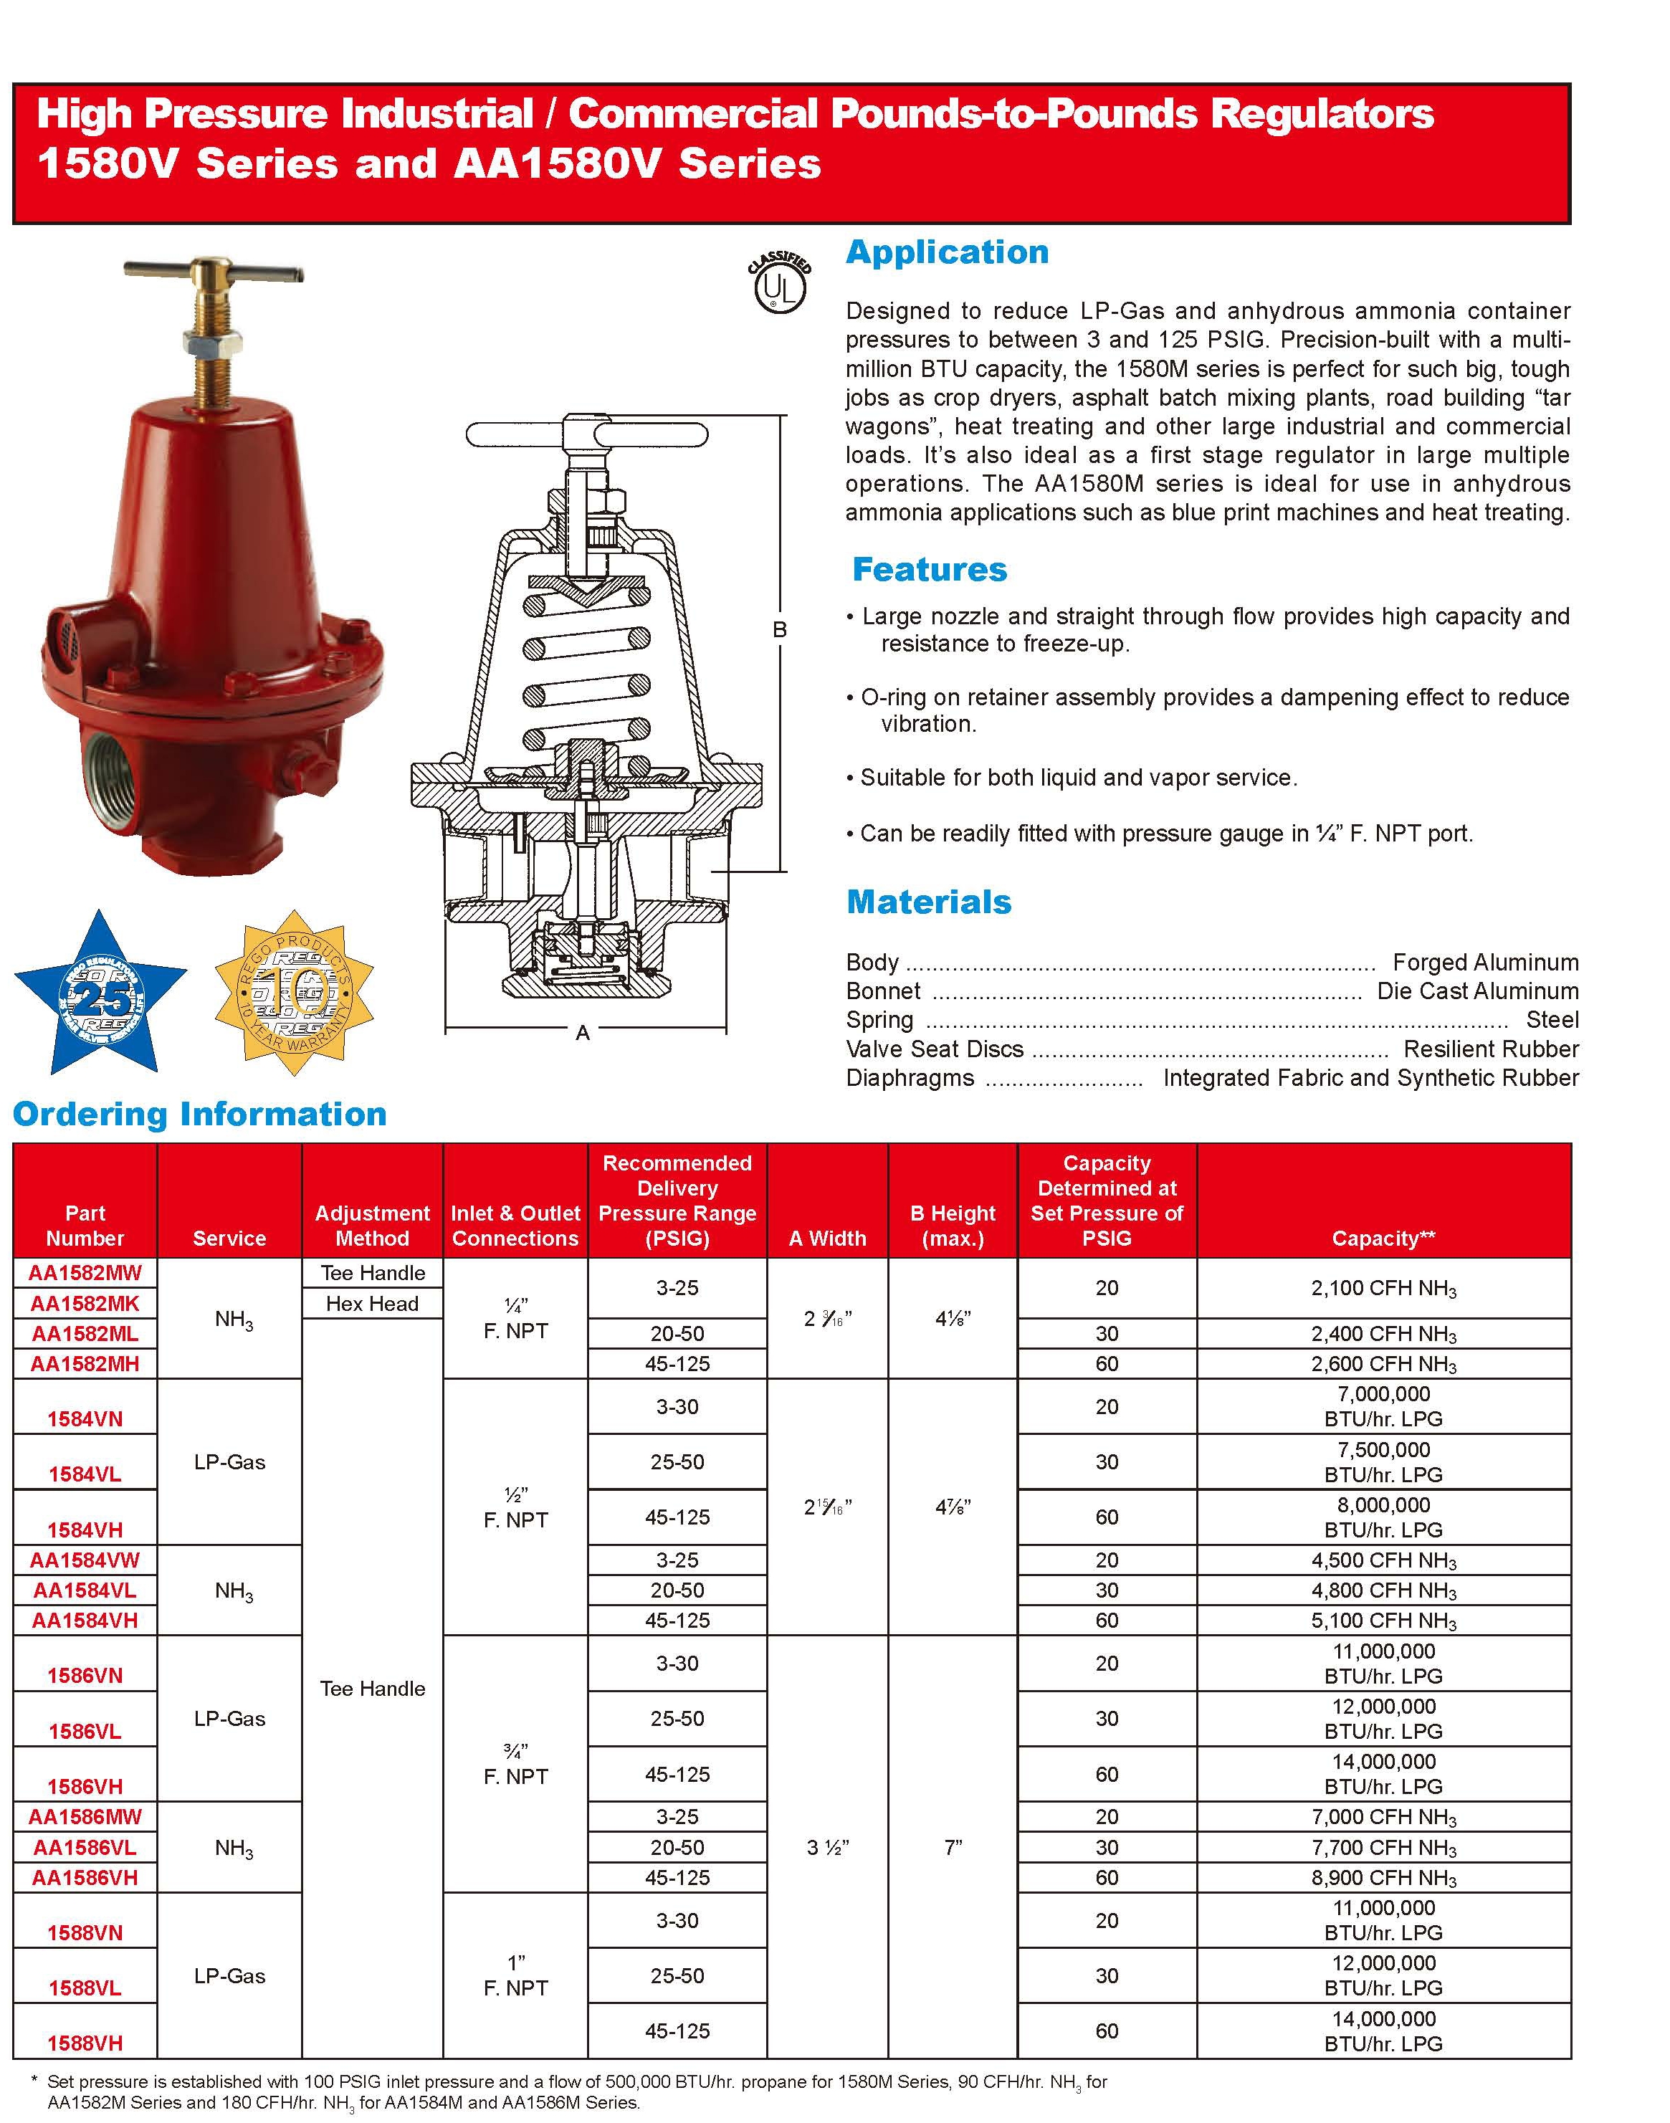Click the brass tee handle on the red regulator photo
[207, 271]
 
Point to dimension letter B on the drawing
[779, 631]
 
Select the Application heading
[947, 252]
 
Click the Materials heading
[928, 902]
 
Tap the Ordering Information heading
[199, 1114]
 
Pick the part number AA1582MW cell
[85, 1273]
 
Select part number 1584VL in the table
[85, 1474]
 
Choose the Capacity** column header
[1383, 1238]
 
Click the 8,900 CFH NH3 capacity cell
[1383, 1878]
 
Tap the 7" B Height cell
[953, 1847]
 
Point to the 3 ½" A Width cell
[827, 1847]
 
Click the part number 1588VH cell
[85, 2043]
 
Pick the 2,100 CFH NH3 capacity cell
[1383, 1289]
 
